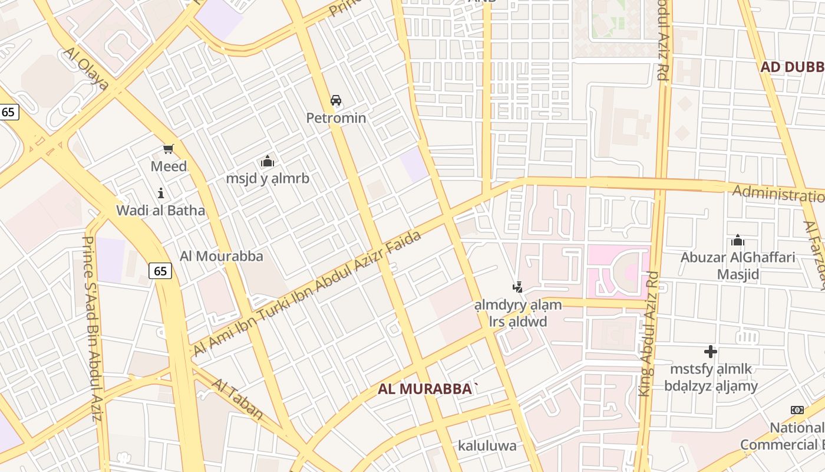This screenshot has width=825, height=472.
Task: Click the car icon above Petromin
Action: (336, 100)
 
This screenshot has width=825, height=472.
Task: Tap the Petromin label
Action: (336, 118)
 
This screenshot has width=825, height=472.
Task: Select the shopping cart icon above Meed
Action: (169, 149)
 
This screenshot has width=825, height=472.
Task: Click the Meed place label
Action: (169, 166)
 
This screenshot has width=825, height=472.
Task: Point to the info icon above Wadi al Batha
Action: (160, 193)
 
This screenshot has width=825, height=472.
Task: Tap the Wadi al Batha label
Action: (160, 211)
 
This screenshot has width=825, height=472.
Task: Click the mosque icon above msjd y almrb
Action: (268, 161)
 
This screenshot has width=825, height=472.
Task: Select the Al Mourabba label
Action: (222, 256)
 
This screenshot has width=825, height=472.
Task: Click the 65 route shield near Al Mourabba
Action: (160, 271)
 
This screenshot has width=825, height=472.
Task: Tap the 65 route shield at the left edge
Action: (9, 112)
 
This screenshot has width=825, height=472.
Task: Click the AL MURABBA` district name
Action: (428, 389)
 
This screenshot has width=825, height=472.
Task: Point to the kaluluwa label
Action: (487, 445)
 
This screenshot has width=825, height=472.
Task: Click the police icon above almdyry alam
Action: (517, 287)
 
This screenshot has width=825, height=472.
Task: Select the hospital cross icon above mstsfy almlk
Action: (711, 352)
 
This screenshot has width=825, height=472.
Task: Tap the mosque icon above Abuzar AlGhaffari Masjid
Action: (737, 240)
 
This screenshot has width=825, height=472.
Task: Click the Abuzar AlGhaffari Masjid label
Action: (738, 265)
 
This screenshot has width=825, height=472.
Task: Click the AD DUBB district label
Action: (792, 67)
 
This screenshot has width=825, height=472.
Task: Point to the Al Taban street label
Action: (237, 399)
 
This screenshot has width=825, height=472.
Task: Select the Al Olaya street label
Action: (85, 69)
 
